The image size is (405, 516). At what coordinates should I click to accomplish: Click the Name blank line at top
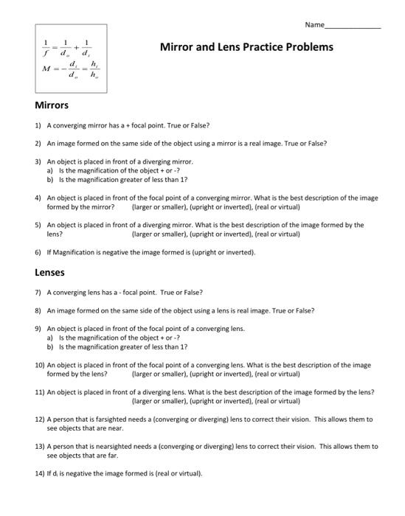(x=353, y=27)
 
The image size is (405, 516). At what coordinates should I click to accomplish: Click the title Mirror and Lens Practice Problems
(x=246, y=47)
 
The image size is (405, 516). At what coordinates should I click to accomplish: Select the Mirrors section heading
(x=52, y=105)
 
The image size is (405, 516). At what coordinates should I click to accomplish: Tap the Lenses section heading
(x=50, y=272)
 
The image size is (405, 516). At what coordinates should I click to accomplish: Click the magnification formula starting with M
(x=70, y=71)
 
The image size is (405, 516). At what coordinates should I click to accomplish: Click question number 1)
(x=38, y=125)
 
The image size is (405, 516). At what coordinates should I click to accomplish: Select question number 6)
(x=38, y=252)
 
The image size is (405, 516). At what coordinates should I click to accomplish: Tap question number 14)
(x=40, y=473)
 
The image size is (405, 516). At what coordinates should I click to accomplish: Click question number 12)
(x=40, y=419)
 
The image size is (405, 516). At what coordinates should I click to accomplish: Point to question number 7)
(x=38, y=292)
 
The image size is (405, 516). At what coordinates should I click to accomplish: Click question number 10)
(x=40, y=365)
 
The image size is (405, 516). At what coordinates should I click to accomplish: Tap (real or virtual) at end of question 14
(x=174, y=473)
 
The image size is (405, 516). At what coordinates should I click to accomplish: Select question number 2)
(x=38, y=143)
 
